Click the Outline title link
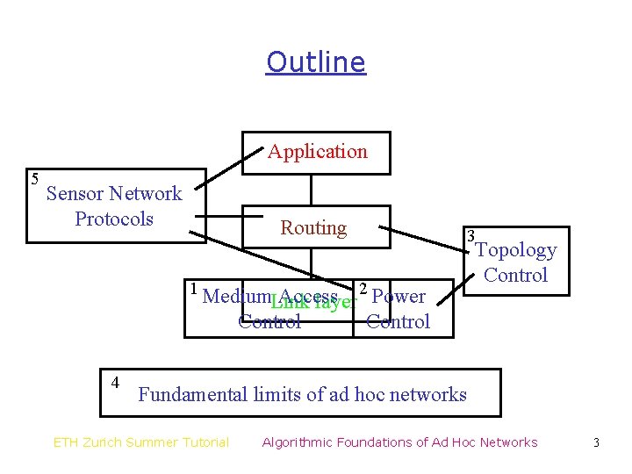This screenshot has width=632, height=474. (315, 62)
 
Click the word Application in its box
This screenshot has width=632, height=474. (317, 152)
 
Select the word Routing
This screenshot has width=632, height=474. (313, 228)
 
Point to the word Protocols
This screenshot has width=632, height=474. (114, 219)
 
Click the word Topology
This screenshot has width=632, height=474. (516, 250)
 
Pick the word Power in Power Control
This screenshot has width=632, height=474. (399, 297)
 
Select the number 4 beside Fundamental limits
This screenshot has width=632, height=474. (115, 382)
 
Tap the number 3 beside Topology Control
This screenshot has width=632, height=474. (471, 236)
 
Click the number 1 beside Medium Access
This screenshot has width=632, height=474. (193, 288)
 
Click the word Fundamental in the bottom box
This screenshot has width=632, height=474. (192, 395)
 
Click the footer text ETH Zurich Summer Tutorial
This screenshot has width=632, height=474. (141, 442)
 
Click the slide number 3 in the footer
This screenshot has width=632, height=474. (596, 442)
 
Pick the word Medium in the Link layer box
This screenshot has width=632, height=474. (228, 297)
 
